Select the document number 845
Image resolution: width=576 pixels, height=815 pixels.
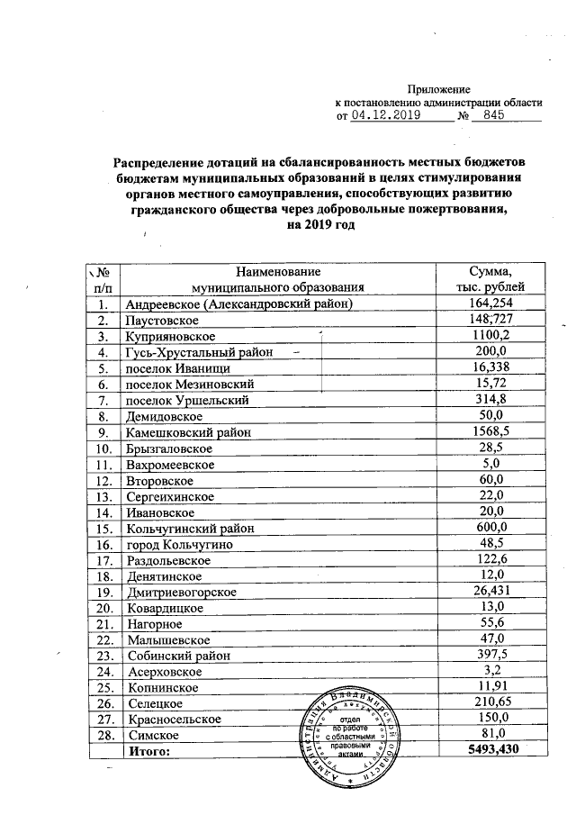[493, 115]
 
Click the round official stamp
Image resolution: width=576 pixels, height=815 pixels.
[353, 731]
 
